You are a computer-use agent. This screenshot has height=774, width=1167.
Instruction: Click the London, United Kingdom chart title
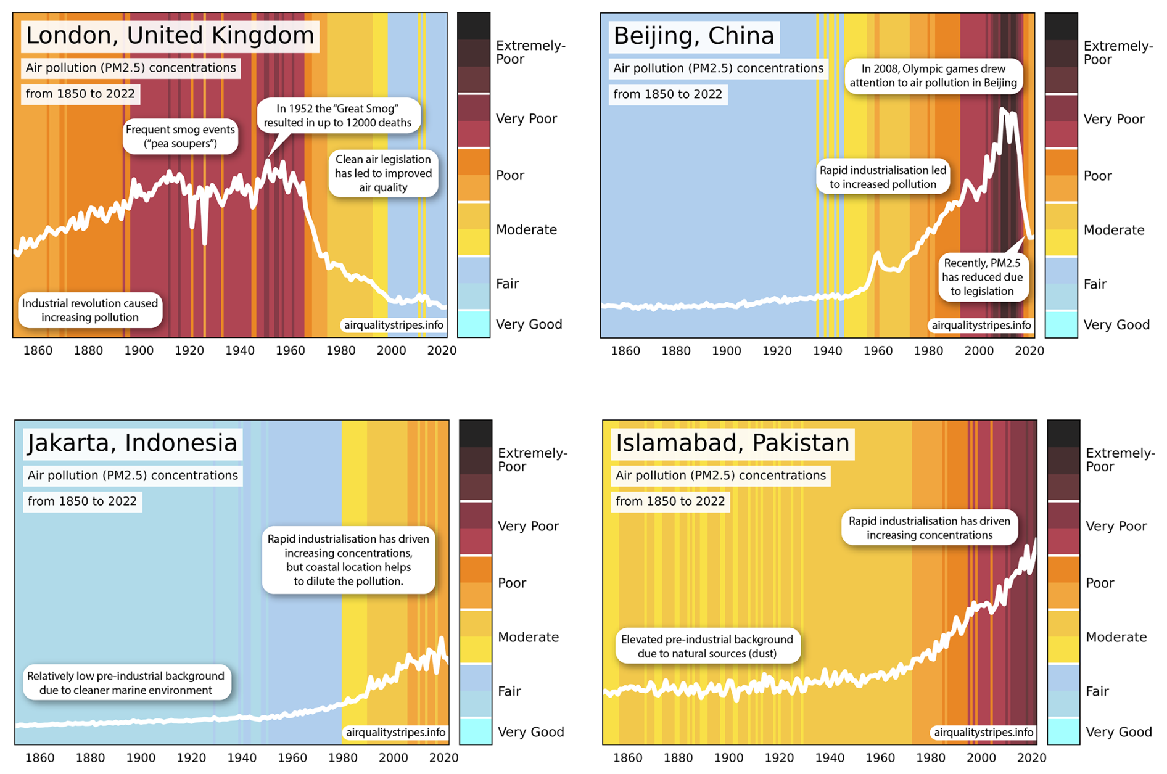[x=170, y=36]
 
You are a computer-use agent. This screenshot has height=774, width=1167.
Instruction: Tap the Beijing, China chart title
[x=694, y=36]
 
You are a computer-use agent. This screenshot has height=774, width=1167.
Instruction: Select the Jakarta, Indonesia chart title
[x=132, y=443]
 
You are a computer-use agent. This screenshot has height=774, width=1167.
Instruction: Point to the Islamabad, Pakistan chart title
[x=732, y=443]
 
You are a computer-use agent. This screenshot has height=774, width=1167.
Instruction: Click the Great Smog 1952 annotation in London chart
[x=337, y=116]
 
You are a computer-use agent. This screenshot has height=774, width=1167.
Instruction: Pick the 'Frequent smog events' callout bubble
[x=180, y=136]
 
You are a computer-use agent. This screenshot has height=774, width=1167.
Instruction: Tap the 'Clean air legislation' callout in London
[x=383, y=173]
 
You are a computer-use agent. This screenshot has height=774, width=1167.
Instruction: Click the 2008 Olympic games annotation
[x=933, y=76]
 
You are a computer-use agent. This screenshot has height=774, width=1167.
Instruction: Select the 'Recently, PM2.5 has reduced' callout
[x=982, y=277]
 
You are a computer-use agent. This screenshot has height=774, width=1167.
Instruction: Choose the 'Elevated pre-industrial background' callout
[x=707, y=646]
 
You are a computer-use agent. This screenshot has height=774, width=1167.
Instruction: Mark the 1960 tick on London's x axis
[x=290, y=351]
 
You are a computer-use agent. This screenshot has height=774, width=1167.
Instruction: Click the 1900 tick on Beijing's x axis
[x=726, y=352]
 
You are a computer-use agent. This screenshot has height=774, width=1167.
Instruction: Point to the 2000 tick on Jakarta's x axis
[x=393, y=758]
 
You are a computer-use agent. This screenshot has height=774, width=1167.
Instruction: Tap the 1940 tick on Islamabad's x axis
[x=829, y=758]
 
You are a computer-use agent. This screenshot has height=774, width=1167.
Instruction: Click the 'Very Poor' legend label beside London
[x=526, y=119]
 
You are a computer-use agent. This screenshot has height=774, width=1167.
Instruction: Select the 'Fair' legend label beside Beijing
[x=1095, y=284]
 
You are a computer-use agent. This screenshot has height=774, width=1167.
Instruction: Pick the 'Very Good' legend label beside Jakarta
[x=530, y=732]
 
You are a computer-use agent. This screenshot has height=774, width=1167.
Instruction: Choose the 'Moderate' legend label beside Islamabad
[x=1116, y=637]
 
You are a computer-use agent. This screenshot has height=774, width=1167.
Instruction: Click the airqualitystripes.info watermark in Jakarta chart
[x=395, y=733]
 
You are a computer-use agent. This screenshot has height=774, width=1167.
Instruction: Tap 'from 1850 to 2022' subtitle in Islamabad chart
[x=670, y=501]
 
